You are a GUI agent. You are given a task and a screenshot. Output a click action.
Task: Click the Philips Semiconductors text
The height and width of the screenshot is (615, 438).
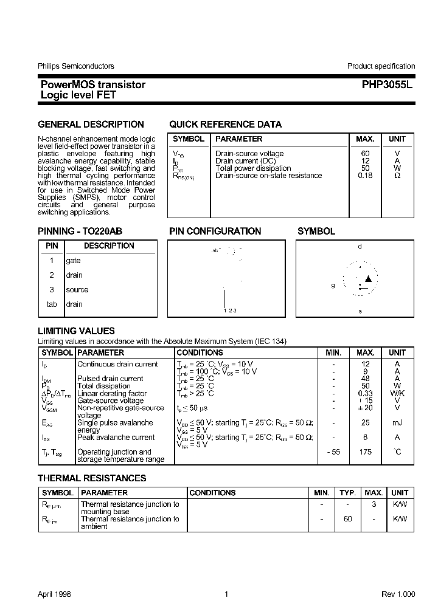76,66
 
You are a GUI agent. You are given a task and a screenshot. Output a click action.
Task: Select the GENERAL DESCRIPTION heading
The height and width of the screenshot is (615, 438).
91,125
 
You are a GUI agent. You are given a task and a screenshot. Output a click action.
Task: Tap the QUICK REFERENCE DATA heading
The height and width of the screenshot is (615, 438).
225,125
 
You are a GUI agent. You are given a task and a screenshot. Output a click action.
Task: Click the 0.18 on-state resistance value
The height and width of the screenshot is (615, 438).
365,176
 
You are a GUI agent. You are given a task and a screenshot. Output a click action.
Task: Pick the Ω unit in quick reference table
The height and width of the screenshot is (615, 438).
397,176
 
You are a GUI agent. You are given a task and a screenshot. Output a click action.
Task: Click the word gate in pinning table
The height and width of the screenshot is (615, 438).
73,261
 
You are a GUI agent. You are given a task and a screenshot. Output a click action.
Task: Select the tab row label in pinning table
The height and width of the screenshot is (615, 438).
52,304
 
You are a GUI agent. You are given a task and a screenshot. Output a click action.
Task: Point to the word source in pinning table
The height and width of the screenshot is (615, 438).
77,290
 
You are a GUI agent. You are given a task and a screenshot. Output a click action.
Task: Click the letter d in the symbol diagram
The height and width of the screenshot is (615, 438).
360,247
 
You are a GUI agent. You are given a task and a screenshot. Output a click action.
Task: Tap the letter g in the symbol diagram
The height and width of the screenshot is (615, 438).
333,285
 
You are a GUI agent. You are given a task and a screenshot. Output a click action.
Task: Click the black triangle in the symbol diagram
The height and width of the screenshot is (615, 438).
367,279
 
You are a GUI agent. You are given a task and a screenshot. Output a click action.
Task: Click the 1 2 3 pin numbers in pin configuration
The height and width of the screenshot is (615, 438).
229,311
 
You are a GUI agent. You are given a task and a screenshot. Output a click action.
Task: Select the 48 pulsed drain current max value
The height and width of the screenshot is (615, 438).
365,379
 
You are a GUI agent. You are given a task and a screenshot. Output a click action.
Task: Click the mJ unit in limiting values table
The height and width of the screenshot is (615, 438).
397,422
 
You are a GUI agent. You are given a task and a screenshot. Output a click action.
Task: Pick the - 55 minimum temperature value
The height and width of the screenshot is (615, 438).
333,452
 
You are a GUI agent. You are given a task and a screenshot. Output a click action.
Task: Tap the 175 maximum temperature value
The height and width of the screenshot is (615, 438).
365,452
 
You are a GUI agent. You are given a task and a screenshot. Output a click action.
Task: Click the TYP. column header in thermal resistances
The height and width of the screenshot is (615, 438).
347,493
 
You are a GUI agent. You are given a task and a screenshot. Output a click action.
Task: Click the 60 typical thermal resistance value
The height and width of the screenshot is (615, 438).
347,519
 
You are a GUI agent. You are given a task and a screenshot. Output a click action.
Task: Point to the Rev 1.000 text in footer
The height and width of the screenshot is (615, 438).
398,594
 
